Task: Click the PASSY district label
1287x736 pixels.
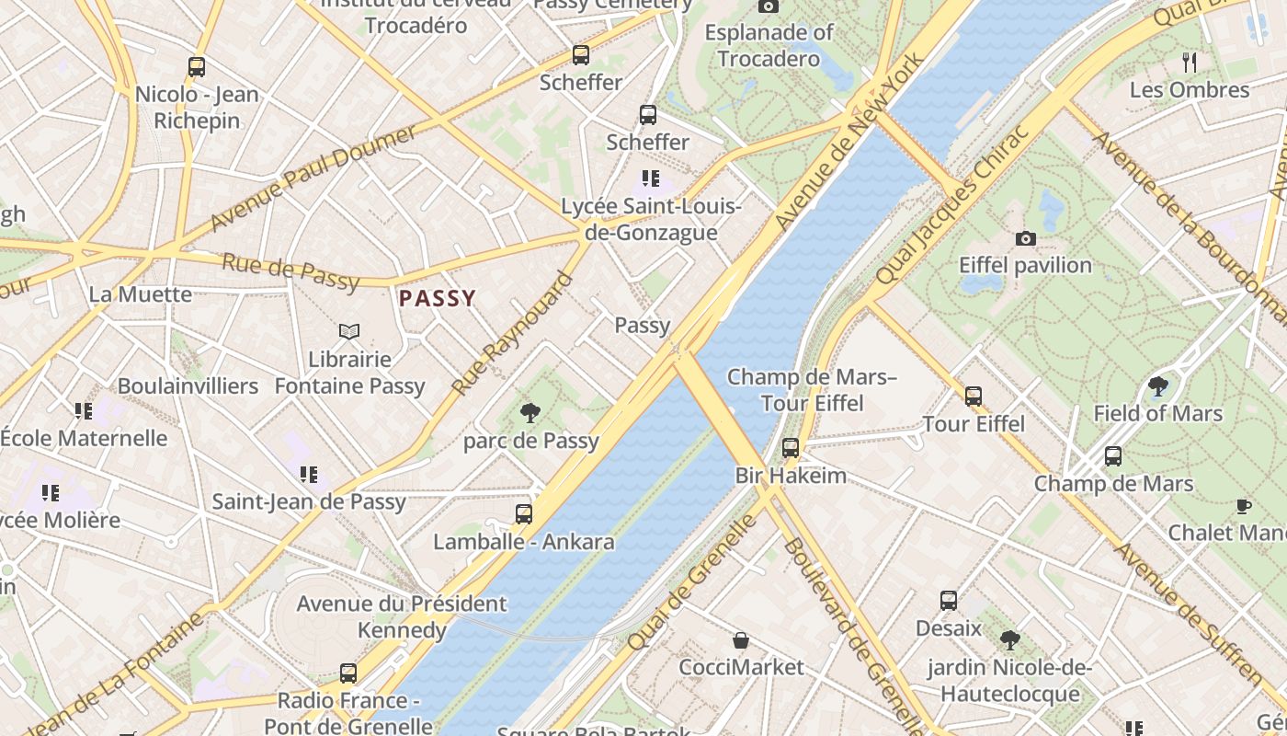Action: pyautogui.click(x=438, y=298)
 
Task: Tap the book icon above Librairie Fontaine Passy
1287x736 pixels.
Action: pyautogui.click(x=349, y=331)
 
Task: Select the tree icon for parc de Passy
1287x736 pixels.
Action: pyautogui.click(x=530, y=413)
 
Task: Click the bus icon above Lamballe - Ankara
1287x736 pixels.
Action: pyautogui.click(x=524, y=514)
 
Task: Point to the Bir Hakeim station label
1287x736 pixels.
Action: pyautogui.click(x=791, y=476)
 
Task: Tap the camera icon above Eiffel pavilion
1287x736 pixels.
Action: pyautogui.click(x=1025, y=239)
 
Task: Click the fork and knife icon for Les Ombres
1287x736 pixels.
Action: pyautogui.click(x=1190, y=63)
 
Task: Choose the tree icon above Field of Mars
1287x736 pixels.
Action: pyautogui.click(x=1158, y=386)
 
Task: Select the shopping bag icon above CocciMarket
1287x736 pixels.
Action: pyautogui.click(x=741, y=640)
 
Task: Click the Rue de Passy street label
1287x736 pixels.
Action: pyautogui.click(x=290, y=273)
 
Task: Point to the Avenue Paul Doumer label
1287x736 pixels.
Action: pyautogui.click(x=313, y=179)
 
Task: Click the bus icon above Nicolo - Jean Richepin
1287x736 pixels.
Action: pyautogui.click(x=196, y=67)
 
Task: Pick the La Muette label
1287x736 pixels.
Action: pyautogui.click(x=141, y=294)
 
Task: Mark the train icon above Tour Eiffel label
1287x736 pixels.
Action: pyautogui.click(x=974, y=397)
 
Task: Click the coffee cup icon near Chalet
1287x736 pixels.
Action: pyautogui.click(x=1243, y=506)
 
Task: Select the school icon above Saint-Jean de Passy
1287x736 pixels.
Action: pyautogui.click(x=309, y=475)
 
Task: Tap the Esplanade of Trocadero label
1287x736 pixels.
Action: pyautogui.click(x=769, y=46)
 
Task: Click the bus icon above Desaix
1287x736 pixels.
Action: pyautogui.click(x=949, y=601)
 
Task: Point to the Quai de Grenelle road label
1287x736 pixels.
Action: pyautogui.click(x=693, y=583)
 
